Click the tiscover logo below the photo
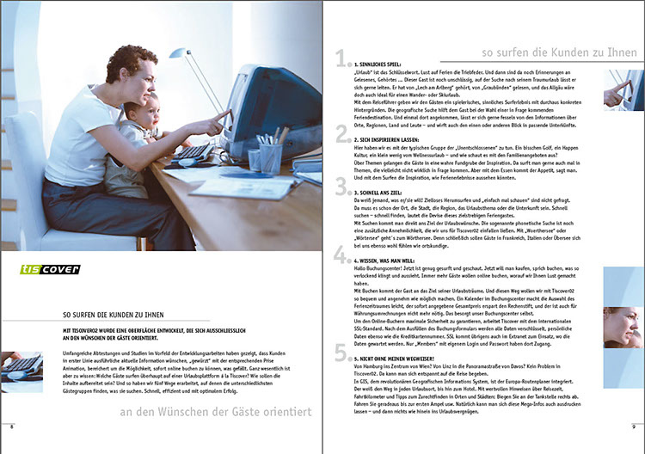pyautogui.click(x=50, y=270)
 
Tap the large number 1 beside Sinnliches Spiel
pyautogui.click(x=341, y=60)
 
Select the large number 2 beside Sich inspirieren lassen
pyautogui.click(x=341, y=132)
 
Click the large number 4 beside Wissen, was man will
pyautogui.click(x=341, y=253)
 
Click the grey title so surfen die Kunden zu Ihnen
pyautogui.click(x=545, y=52)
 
